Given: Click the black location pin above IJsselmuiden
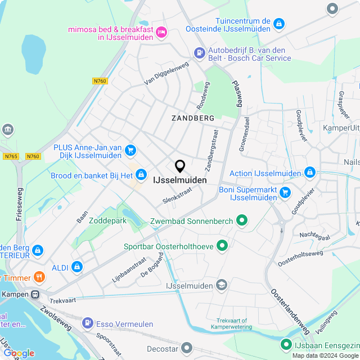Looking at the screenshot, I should [x=180, y=166].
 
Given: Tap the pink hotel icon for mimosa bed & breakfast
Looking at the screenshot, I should [x=161, y=31].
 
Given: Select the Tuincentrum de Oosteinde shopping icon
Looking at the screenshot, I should [x=279, y=23].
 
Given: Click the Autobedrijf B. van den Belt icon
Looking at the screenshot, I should [x=199, y=53].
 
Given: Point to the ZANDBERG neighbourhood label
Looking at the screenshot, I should [x=193, y=118].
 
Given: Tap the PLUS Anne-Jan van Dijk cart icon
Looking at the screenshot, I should [x=130, y=150].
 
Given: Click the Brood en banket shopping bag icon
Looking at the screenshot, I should [x=141, y=174].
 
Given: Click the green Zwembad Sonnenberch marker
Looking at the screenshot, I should [x=242, y=220].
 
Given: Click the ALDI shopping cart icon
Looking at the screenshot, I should [x=77, y=267].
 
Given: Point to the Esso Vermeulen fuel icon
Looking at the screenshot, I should [x=87, y=323].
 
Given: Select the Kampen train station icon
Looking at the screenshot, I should [x=35, y=294].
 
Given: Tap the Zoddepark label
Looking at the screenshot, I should [x=107, y=220].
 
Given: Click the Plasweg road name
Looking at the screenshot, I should [x=237, y=93].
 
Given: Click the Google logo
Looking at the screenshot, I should [x=19, y=353].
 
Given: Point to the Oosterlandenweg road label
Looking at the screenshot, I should [x=290, y=312].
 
